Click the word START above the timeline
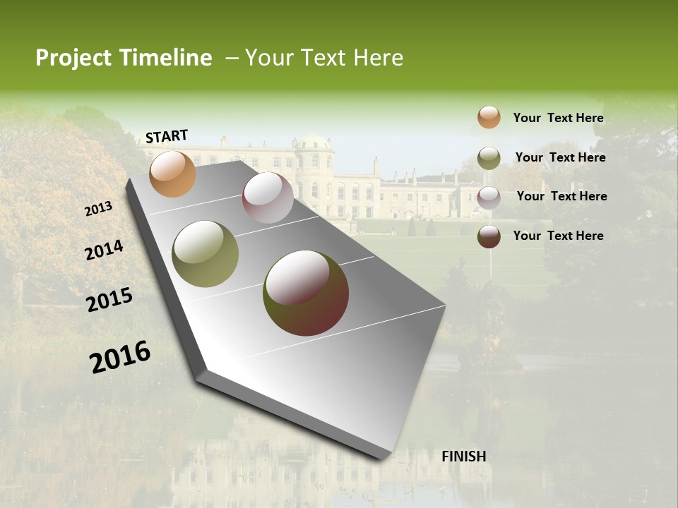pyautogui.click(x=167, y=136)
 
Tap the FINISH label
pyautogui.click(x=463, y=456)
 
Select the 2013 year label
pyautogui.click(x=99, y=209)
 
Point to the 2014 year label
pyautogui.click(x=104, y=250)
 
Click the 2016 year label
pyautogui.click(x=120, y=357)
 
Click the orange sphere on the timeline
pyautogui.click(x=172, y=174)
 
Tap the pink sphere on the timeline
pyautogui.click(x=268, y=198)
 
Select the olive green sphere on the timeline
pyautogui.click(x=206, y=254)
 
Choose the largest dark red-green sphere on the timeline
pyautogui.click(x=306, y=293)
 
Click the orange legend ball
pyautogui.click(x=489, y=118)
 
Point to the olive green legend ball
pyautogui.click(x=489, y=158)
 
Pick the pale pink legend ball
pyautogui.click(x=489, y=197)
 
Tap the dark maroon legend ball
pyautogui.click(x=489, y=236)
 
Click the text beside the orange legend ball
pyautogui.click(x=558, y=118)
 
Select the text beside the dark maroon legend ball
pyautogui.click(x=558, y=236)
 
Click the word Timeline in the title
pyautogui.click(x=166, y=58)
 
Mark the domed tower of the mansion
pyautogui.click(x=314, y=151)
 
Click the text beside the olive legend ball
pyautogui.click(x=560, y=157)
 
